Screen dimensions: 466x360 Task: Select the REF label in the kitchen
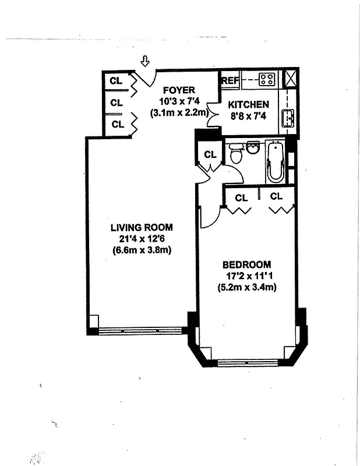(x=230, y=80)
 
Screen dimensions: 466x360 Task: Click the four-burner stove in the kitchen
(x=267, y=79)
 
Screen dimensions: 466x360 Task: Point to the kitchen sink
(x=288, y=118)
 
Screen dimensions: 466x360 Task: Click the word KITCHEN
(x=248, y=105)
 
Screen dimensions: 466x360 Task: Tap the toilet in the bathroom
(x=237, y=154)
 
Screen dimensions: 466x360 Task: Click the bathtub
(x=274, y=161)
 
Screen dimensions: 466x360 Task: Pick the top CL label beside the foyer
(x=117, y=80)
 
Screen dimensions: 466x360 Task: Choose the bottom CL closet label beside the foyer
(x=118, y=124)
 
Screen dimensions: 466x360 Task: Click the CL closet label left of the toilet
(x=210, y=154)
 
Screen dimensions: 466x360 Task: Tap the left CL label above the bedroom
(x=241, y=198)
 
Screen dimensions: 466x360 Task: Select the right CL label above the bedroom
(x=276, y=197)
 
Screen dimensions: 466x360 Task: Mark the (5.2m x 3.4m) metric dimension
(x=246, y=287)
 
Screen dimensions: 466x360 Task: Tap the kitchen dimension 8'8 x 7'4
(x=248, y=116)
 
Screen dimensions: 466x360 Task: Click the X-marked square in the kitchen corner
(x=290, y=78)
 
